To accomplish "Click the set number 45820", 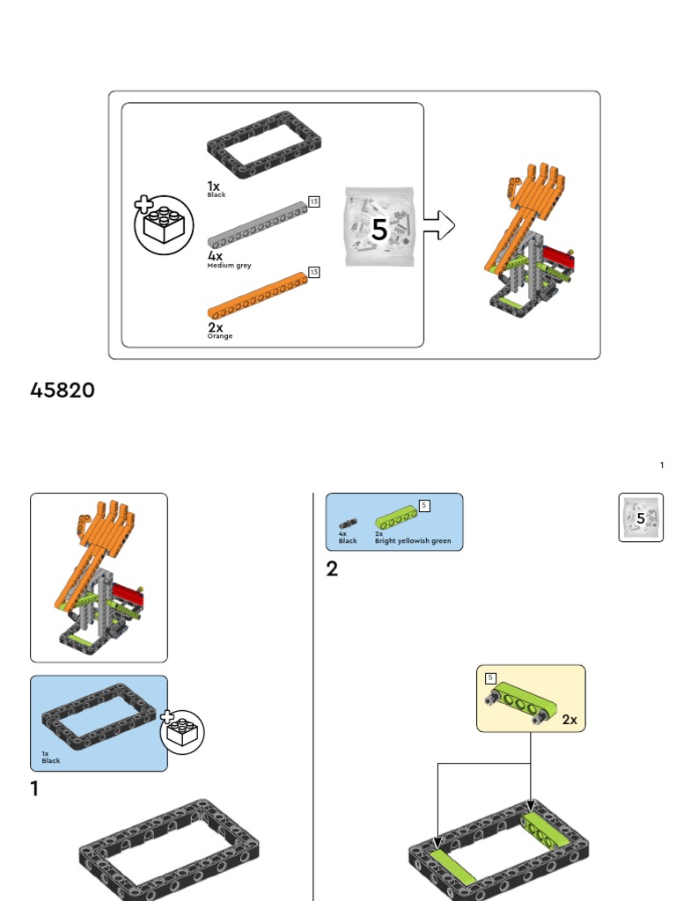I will pyautogui.click(x=62, y=390).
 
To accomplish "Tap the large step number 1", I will pyautogui.click(x=34, y=789).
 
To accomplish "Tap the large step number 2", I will pyautogui.click(x=332, y=569).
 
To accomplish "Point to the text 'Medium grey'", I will pyautogui.click(x=229, y=265).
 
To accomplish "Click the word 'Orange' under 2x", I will pyautogui.click(x=220, y=336).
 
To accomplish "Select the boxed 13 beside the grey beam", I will pyautogui.click(x=313, y=201).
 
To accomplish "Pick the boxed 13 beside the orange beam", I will pyautogui.click(x=313, y=272).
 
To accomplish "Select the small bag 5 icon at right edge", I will pyautogui.click(x=641, y=517).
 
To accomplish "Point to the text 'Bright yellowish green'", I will pyautogui.click(x=413, y=541).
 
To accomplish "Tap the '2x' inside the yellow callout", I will pyautogui.click(x=569, y=719).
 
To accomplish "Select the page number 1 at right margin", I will pyautogui.click(x=662, y=465).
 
